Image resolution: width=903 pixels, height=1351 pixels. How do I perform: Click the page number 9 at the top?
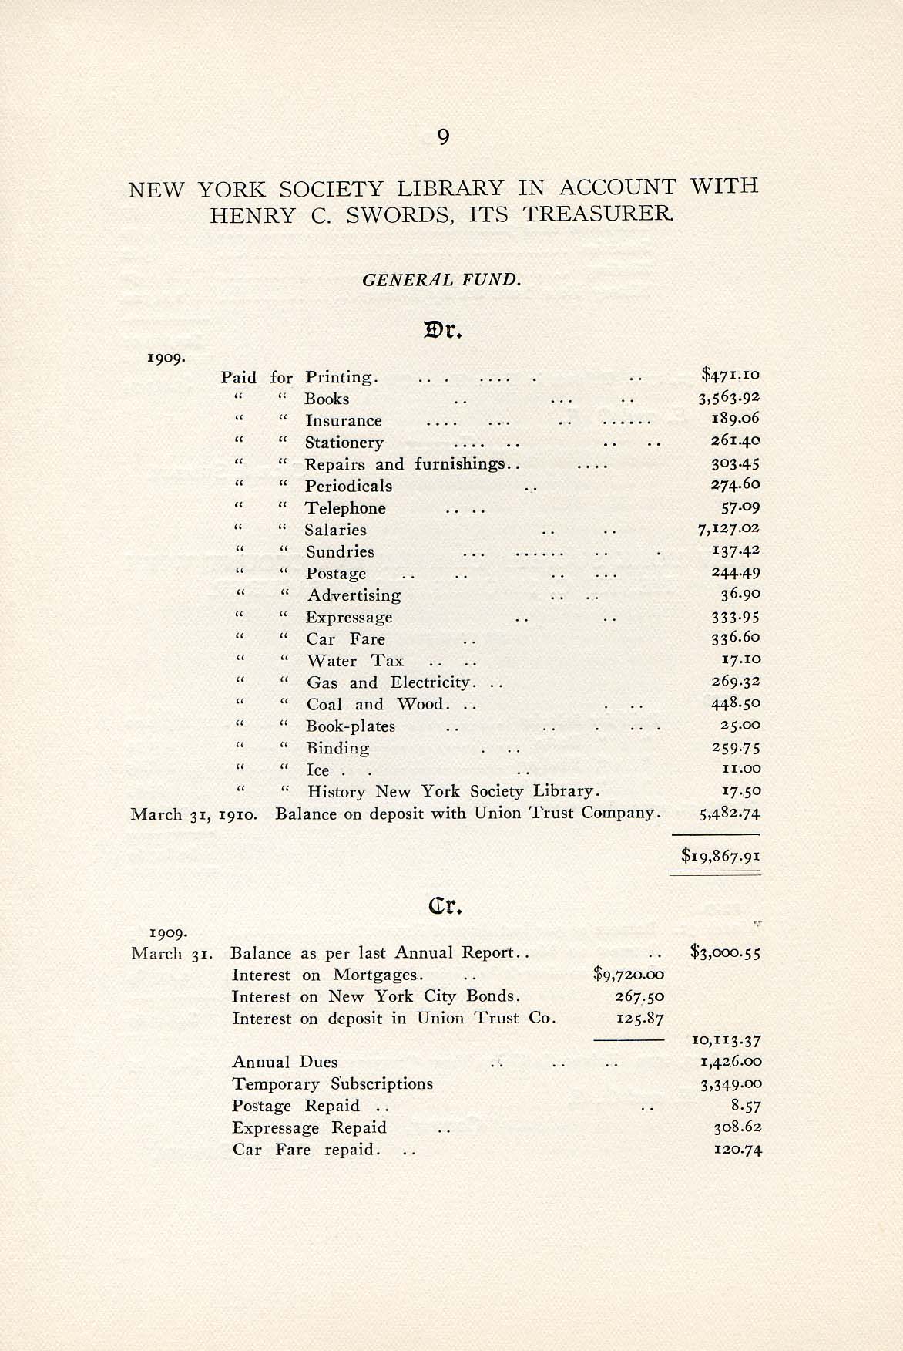442,136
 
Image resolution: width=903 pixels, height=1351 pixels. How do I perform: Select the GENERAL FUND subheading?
441,279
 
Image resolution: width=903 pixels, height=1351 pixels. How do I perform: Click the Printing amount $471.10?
730,376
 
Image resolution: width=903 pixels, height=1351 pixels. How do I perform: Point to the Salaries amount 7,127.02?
729,528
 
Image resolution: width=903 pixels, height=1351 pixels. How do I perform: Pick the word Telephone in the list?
345,508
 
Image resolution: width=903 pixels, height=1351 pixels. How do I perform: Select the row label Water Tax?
354,661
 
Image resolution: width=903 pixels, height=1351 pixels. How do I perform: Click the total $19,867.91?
721,855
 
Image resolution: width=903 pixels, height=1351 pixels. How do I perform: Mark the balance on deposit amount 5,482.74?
730,813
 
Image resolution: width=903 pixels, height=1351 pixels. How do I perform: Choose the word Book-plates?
351,726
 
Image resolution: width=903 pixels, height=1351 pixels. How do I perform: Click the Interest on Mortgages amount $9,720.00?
629,975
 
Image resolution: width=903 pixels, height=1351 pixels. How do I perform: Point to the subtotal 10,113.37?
727,1040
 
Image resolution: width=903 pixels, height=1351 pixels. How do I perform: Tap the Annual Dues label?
285,1063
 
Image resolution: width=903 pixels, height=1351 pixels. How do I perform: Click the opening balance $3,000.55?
726,953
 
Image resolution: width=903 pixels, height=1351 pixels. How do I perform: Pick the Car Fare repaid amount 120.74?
737,1150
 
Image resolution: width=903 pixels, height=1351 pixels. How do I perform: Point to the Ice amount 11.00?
740,769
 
